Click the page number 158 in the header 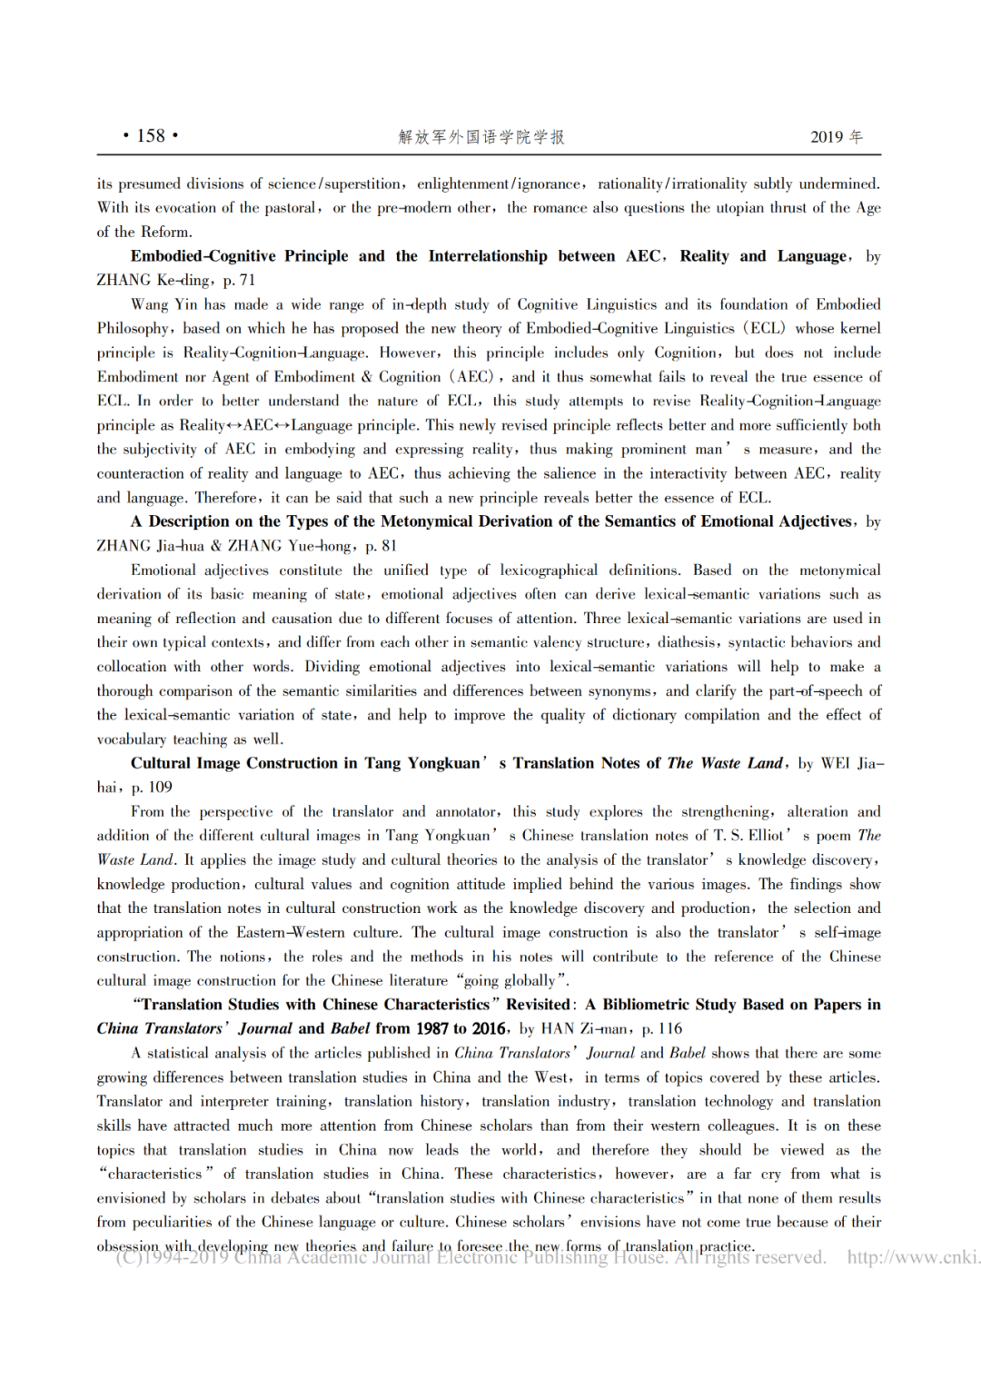[x=151, y=136]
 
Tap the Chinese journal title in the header [x=481, y=137]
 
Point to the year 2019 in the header [x=827, y=137]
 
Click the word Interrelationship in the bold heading [x=488, y=256]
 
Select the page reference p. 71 [x=239, y=280]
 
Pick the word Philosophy [x=133, y=329]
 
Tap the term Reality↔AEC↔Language [x=280, y=425]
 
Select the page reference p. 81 [x=381, y=546]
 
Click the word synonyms [x=620, y=691]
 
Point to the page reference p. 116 [x=662, y=1029]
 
